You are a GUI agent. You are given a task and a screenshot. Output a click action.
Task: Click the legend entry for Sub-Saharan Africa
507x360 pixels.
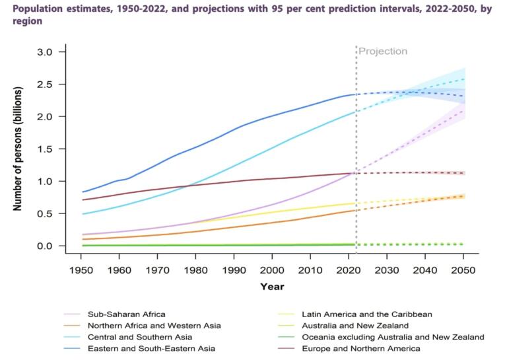click(x=125, y=314)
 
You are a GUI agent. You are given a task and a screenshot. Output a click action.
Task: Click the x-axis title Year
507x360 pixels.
click(x=273, y=287)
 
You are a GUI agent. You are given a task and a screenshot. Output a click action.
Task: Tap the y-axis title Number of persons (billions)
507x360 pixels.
click(x=18, y=149)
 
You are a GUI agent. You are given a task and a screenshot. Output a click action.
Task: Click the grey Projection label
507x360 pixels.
click(x=383, y=52)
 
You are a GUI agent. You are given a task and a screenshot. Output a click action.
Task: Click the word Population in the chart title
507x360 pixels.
click(x=36, y=9)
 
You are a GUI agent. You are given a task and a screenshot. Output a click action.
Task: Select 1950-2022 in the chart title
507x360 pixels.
click(x=141, y=9)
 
